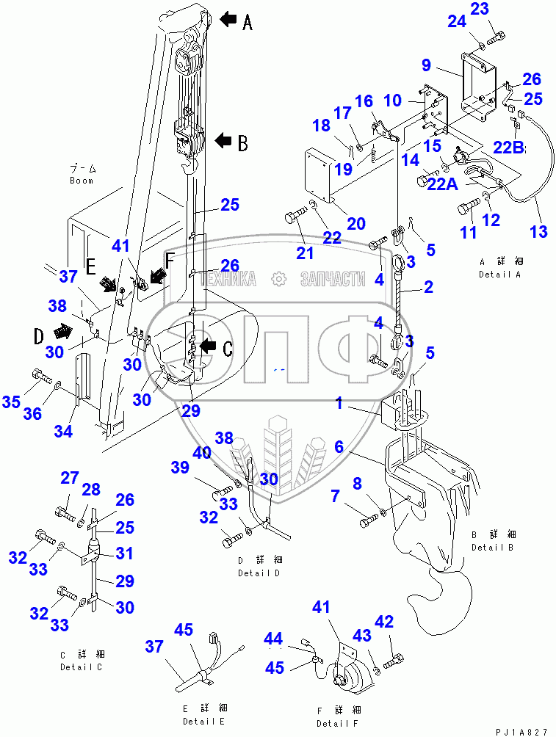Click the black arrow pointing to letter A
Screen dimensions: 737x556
click(x=228, y=21)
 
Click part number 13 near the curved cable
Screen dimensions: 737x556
click(x=538, y=232)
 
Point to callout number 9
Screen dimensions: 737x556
click(x=427, y=65)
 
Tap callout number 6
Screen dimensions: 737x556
click(x=339, y=446)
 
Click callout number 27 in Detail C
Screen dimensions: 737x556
click(x=69, y=479)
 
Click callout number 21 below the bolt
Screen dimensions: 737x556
click(x=305, y=253)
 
